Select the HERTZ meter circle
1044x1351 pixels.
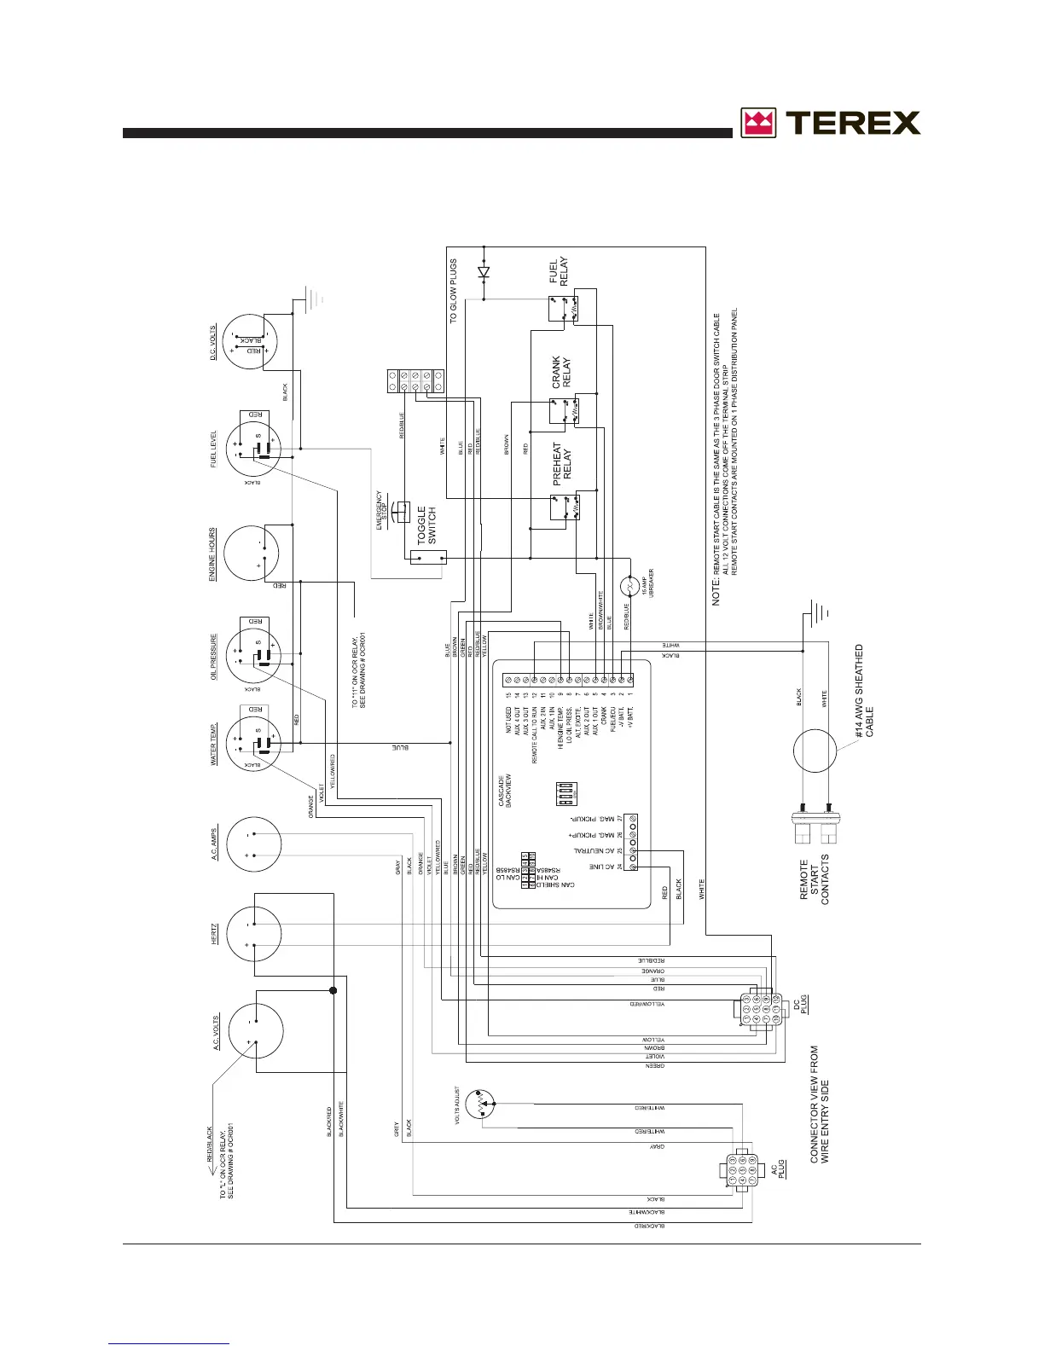tap(253, 936)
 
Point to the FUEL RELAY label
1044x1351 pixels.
tap(559, 271)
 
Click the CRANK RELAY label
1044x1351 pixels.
tap(561, 373)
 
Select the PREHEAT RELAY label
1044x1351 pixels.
tap(562, 464)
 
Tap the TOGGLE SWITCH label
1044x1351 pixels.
tap(426, 525)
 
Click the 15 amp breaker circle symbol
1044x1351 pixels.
tap(629, 588)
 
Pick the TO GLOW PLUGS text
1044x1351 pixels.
tap(454, 290)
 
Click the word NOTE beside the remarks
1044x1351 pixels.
tap(717, 590)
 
